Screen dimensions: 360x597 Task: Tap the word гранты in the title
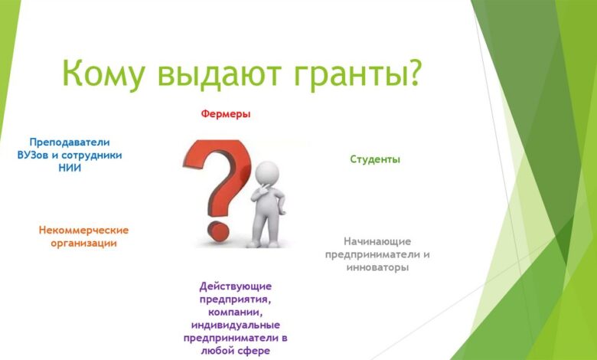[344, 75]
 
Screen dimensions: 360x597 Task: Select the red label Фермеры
[226, 113]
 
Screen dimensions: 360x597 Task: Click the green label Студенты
[375, 159]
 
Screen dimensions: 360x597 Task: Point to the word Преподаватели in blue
[70, 142]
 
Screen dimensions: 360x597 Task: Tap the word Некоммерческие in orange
[83, 230]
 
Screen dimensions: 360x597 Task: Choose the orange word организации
[83, 243]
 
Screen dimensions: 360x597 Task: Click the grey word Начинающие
[377, 241]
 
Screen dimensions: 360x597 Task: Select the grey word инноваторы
[377, 267]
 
